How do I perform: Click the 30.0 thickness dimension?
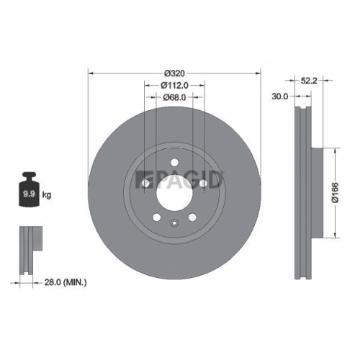point(280,95)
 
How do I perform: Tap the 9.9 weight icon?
point(29,193)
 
